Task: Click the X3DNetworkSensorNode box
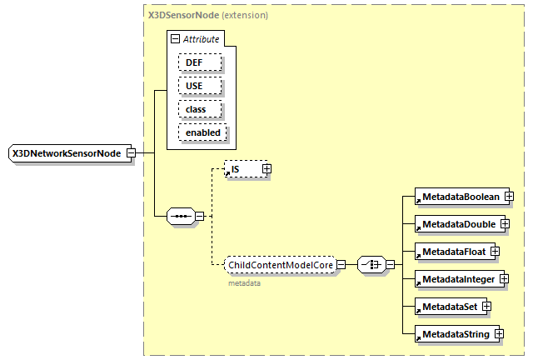click(x=67, y=153)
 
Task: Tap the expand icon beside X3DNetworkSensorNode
click(x=131, y=153)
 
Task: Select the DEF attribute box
click(x=199, y=62)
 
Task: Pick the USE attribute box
click(x=199, y=86)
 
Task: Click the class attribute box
click(x=199, y=109)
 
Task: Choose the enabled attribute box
click(x=202, y=132)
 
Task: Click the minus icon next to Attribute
click(x=175, y=38)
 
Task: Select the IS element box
click(x=242, y=169)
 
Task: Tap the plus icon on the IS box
click(x=266, y=169)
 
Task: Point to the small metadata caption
click(x=244, y=283)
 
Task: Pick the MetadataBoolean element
click(x=459, y=197)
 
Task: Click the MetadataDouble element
click(x=457, y=224)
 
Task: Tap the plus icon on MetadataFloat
click(x=494, y=251)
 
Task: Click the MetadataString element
click(x=454, y=334)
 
